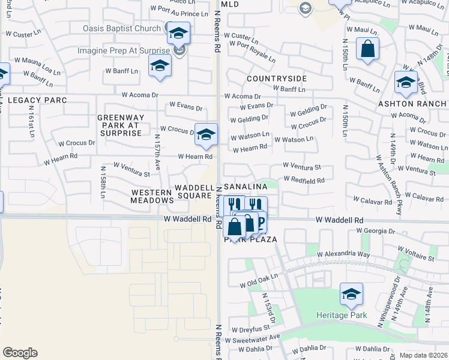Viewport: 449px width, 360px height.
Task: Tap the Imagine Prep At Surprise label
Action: [124, 50]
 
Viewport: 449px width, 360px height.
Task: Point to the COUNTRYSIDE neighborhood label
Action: [276, 79]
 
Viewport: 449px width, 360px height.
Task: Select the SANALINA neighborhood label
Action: [246, 188]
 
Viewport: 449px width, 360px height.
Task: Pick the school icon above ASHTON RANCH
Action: [406, 83]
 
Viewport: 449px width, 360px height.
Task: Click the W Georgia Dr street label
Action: [378, 230]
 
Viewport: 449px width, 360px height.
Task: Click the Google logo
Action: [20, 353]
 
